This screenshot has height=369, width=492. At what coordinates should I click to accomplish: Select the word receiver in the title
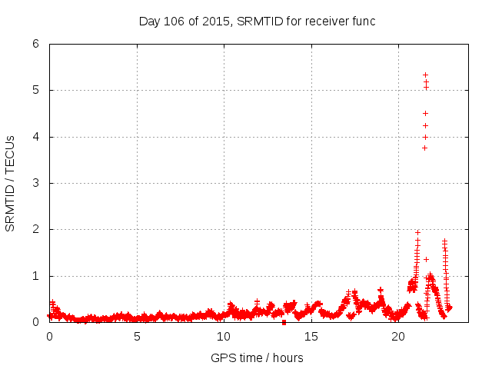click(x=328, y=21)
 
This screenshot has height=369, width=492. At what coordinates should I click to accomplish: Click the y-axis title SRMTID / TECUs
click(x=10, y=183)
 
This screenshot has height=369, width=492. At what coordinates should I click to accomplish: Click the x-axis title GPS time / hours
click(x=257, y=357)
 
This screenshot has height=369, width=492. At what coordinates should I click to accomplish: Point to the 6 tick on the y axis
click(x=35, y=44)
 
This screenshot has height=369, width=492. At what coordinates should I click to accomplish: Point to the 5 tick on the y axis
click(x=35, y=90)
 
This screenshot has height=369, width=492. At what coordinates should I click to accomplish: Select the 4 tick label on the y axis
click(x=35, y=137)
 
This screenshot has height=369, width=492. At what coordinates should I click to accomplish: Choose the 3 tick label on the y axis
click(x=35, y=183)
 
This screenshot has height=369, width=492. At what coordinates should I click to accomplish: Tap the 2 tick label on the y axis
click(x=35, y=229)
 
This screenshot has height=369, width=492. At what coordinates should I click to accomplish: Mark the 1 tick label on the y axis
click(x=35, y=276)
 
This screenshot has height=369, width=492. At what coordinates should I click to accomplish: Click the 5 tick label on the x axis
click(x=137, y=336)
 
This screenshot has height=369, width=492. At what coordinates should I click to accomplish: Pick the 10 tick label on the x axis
click(x=224, y=336)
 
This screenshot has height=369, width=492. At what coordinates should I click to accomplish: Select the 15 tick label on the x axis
click(x=311, y=336)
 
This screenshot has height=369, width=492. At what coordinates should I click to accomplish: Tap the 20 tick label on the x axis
click(x=398, y=336)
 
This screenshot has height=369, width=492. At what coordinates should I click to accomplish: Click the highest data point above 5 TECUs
click(x=425, y=75)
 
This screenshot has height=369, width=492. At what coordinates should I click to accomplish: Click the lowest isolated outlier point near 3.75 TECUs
click(x=424, y=148)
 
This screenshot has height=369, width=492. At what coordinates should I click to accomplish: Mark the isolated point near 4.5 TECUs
click(x=425, y=113)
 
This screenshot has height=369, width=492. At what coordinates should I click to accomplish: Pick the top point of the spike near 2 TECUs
click(x=417, y=232)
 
